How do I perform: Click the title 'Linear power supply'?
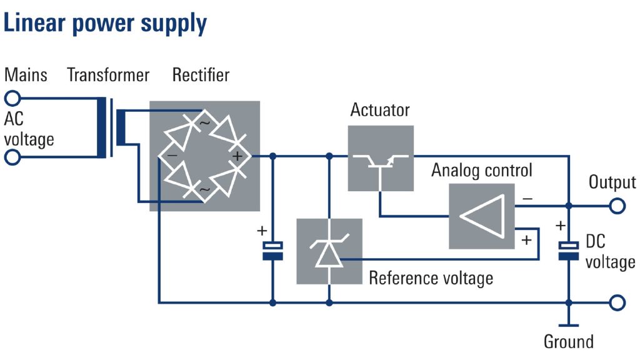point(105,23)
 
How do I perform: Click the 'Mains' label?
point(26,75)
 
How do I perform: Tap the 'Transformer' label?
point(108,75)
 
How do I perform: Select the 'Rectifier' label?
point(201,75)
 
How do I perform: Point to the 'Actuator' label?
point(380,110)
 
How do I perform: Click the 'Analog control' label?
point(482,170)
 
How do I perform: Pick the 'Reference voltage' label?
point(431,277)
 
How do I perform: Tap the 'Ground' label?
point(568,342)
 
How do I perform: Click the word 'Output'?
point(612,182)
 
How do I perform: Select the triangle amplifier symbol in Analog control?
point(482,216)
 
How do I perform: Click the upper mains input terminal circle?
point(12,97)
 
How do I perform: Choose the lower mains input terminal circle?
point(12,156)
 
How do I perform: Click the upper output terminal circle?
point(617,205)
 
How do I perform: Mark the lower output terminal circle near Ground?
point(617,303)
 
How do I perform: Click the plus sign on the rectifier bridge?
point(237,156)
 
